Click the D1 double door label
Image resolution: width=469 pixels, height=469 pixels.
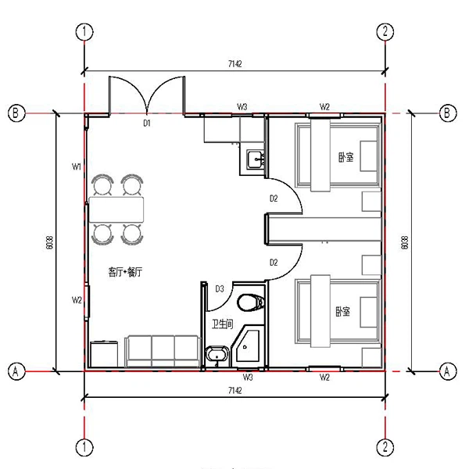click(x=146, y=123)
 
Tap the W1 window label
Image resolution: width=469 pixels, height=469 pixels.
click(x=77, y=166)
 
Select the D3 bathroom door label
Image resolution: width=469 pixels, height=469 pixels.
click(x=220, y=289)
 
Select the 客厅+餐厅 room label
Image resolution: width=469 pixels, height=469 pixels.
click(x=126, y=272)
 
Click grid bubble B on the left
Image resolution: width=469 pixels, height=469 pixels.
click(x=15, y=112)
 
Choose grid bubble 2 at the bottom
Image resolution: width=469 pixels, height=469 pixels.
click(x=385, y=446)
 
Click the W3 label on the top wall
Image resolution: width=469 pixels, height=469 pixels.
click(x=243, y=106)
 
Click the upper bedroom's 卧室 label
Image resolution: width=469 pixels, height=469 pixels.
click(x=345, y=156)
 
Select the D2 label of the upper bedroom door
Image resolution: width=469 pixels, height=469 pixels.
click(x=273, y=199)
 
